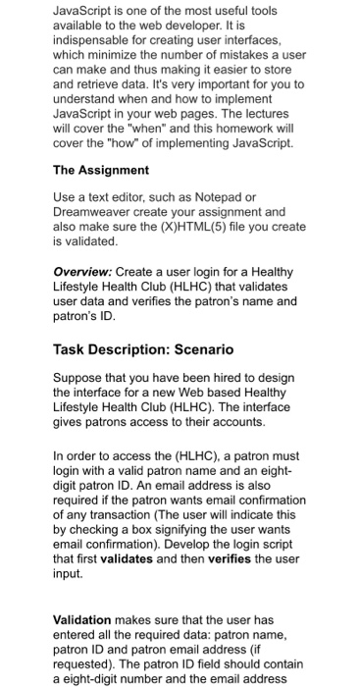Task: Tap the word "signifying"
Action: click(205, 553)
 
